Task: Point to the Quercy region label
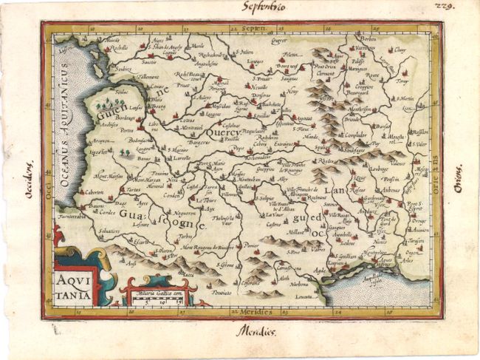tap(222, 133)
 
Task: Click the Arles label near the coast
tap(408, 260)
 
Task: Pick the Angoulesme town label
tap(201, 64)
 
